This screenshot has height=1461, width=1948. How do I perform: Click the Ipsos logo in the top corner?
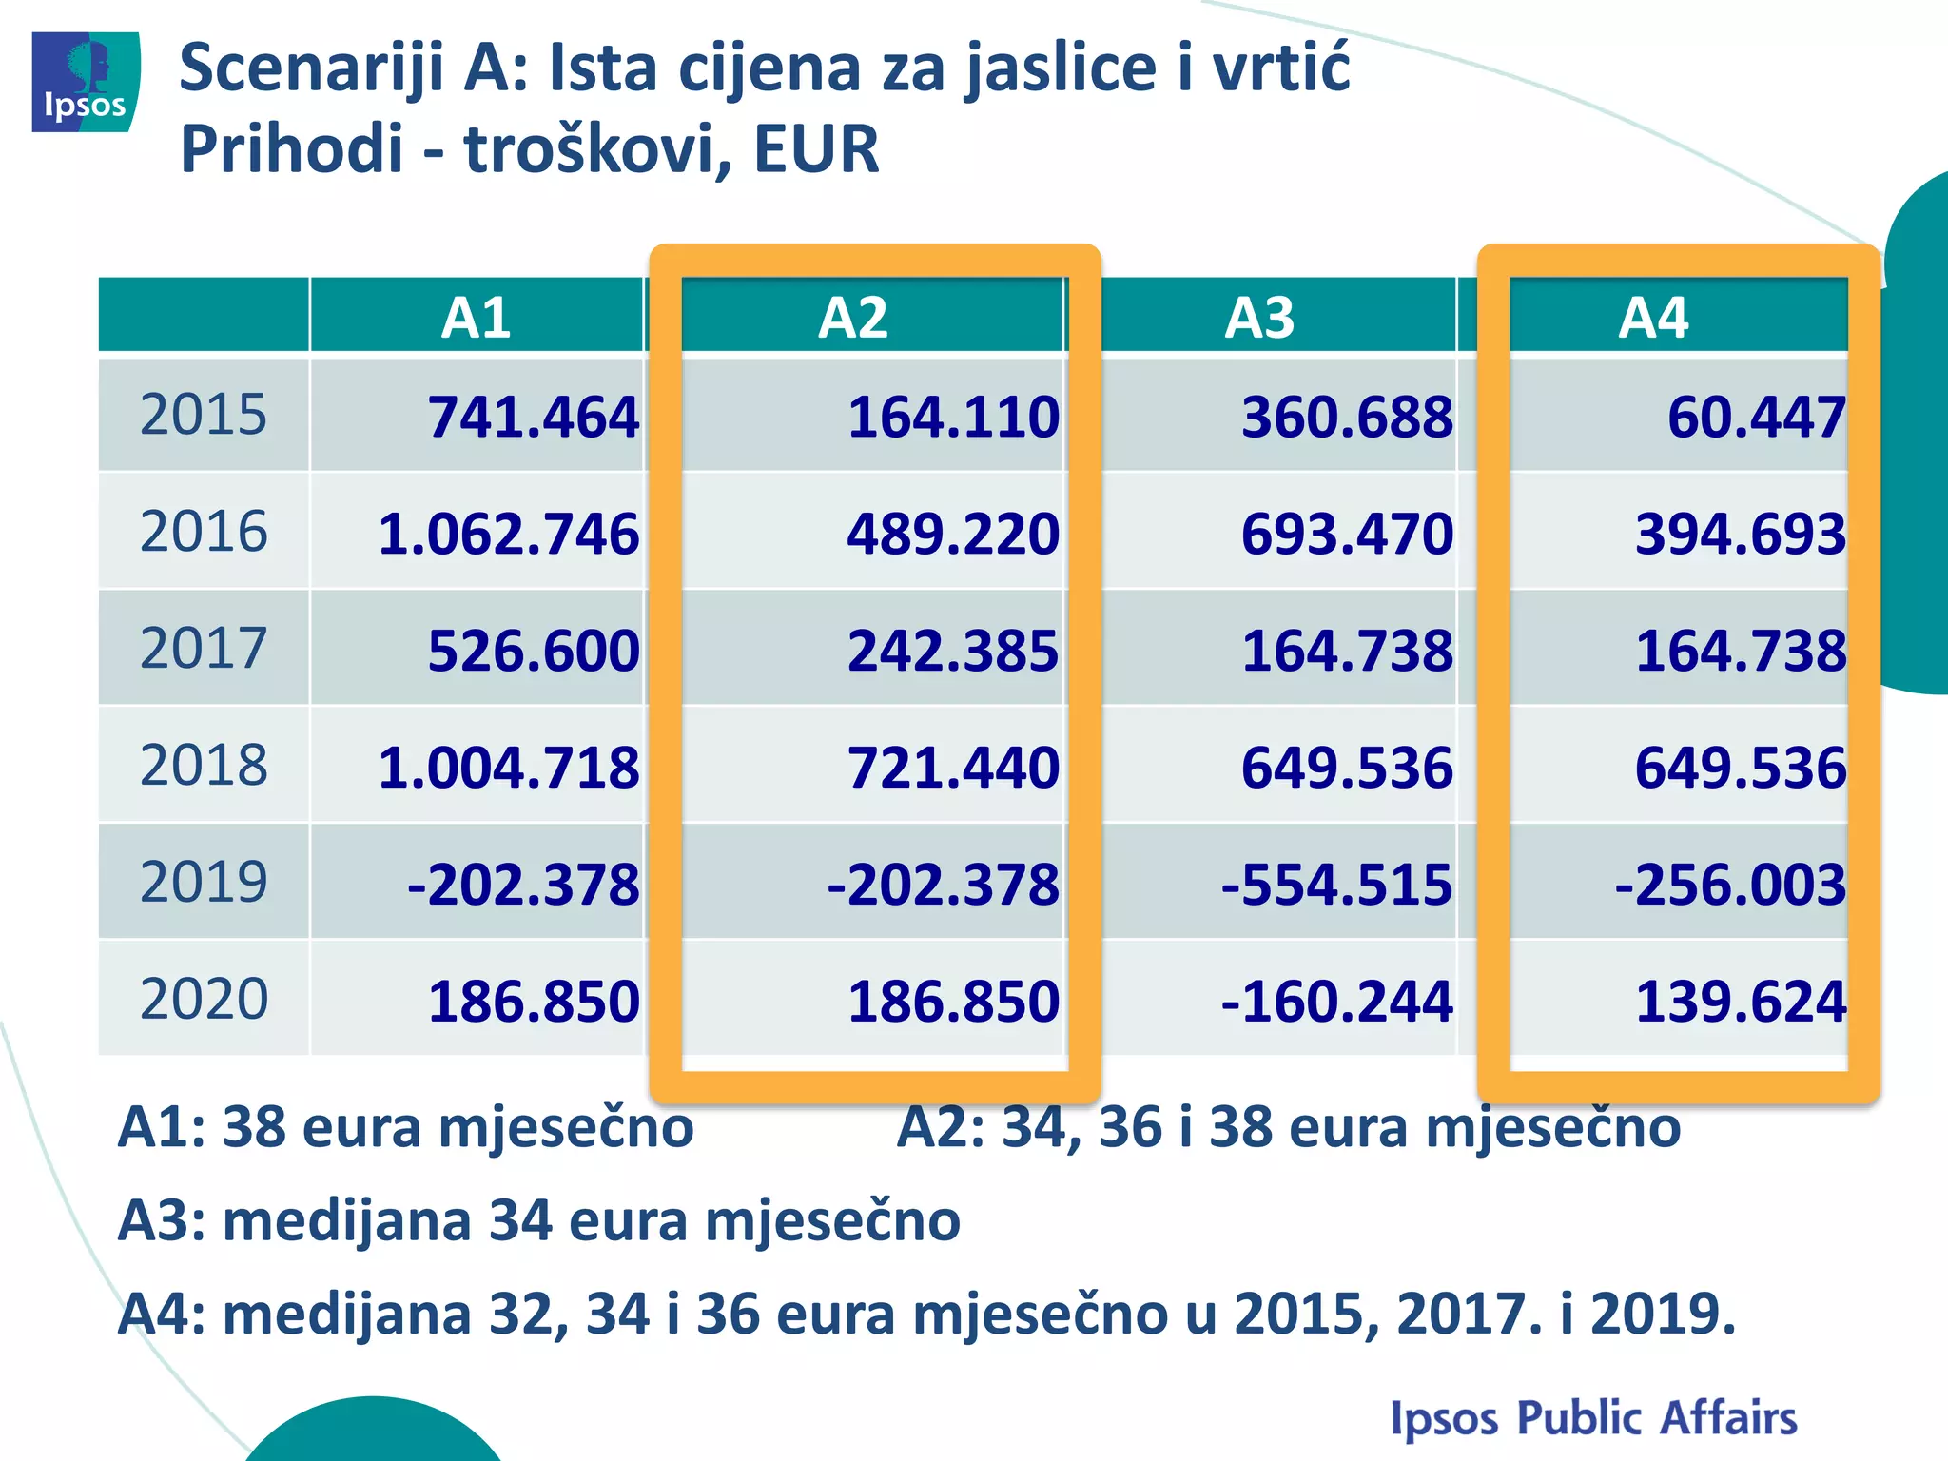86,82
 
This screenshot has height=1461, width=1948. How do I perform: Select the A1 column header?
476,318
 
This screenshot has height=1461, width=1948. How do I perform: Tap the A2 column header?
853,318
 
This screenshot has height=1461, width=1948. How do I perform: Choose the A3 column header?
1259,318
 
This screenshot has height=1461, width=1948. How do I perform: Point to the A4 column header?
1654,318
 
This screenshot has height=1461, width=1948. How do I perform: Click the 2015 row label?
204,415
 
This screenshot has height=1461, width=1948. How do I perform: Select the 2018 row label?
204,765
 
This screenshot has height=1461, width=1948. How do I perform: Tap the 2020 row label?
204,999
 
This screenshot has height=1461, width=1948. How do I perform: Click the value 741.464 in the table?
533,418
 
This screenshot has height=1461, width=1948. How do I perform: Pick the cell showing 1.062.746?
509,534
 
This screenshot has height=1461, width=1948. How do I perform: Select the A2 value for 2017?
953,652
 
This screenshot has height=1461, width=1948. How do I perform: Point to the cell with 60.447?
1756,418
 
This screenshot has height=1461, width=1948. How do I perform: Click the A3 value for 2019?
1337,885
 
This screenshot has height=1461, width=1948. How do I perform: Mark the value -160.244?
1337,1002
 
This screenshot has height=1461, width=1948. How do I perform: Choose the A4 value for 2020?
1741,1002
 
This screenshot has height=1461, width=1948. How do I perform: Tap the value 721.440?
953,768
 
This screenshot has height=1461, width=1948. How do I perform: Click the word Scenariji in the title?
310,68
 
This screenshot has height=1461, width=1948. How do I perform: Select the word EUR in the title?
816,149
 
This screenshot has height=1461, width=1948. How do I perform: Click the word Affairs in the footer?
1728,1417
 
